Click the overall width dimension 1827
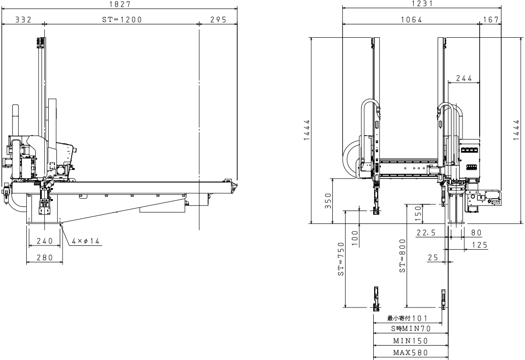point(119,4)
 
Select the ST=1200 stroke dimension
point(122,20)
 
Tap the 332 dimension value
point(23,20)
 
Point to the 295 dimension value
point(219,20)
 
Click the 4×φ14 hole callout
point(86,241)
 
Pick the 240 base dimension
point(45,241)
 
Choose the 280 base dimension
point(45,257)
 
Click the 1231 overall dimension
point(422,4)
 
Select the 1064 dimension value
point(411,20)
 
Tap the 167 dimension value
point(491,20)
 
